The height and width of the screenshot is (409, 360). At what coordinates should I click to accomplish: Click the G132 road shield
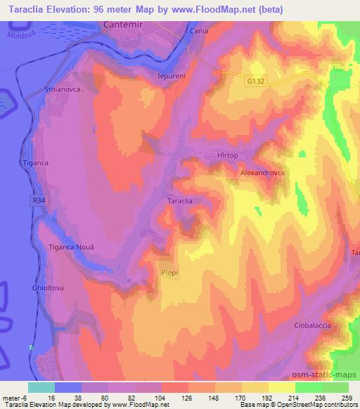click(255, 82)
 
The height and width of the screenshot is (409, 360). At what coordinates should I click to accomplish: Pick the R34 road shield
click(41, 201)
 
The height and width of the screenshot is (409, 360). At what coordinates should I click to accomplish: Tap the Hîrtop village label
click(225, 155)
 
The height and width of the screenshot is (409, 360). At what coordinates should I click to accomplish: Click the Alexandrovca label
click(262, 172)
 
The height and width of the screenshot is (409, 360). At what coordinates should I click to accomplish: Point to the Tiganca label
click(34, 163)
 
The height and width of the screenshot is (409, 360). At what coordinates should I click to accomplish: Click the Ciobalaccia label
click(311, 326)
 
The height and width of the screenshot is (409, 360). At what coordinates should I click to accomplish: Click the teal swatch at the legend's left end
click(41, 387)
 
